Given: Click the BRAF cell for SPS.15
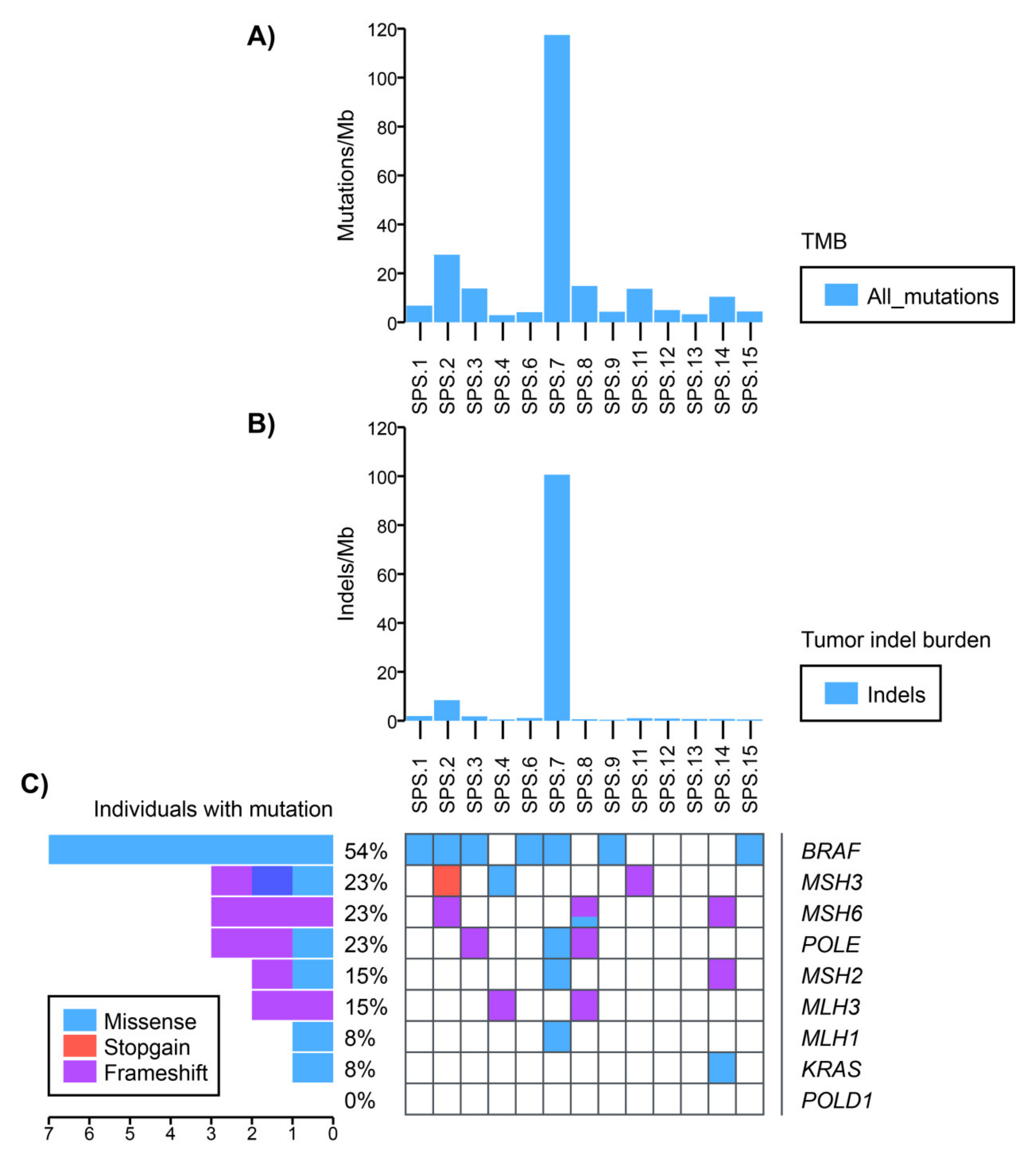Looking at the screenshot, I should click(x=749, y=850).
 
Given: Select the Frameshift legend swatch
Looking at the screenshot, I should click(x=80, y=1072).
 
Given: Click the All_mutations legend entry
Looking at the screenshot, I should click(x=932, y=296).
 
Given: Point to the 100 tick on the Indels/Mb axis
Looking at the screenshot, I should click(x=382, y=477).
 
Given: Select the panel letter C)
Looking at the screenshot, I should click(x=34, y=784).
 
